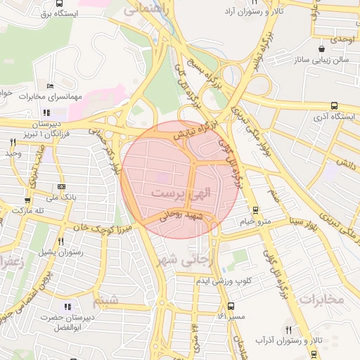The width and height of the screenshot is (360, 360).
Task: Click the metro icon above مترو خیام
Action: pos(255,210)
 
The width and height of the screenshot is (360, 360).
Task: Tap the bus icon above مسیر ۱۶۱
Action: pos(231,306)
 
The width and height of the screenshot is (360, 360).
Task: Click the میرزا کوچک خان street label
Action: pos(97,227)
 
